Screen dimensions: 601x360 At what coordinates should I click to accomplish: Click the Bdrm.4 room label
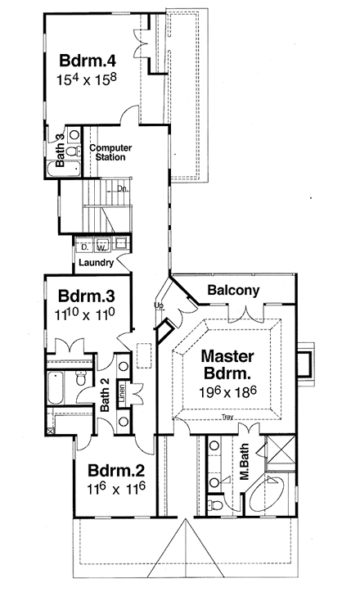pyautogui.click(x=86, y=62)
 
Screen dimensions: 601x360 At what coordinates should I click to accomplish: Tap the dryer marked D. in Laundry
pyautogui.click(x=85, y=245)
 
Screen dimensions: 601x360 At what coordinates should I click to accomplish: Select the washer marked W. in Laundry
pyautogui.click(x=101, y=245)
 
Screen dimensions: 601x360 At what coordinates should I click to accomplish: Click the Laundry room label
pyautogui.click(x=96, y=264)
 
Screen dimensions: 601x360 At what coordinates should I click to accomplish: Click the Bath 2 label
pyautogui.click(x=105, y=398)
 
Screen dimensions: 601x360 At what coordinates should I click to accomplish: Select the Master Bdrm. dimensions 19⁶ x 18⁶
pyautogui.click(x=230, y=392)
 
